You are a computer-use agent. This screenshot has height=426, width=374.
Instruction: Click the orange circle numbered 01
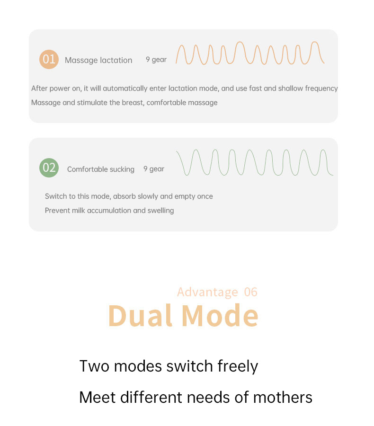49,59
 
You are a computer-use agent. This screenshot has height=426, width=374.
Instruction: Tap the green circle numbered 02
49,168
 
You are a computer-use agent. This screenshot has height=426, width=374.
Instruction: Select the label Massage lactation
98,60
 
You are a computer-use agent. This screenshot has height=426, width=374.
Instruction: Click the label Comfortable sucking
100,169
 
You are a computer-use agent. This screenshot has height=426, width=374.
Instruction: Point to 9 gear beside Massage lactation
156,60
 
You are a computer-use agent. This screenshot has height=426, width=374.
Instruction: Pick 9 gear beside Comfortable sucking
154,169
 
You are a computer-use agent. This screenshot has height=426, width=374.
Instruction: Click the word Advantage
208,293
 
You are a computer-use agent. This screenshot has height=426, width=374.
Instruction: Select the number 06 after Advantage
250,292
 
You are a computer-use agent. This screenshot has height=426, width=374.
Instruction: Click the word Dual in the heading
140,315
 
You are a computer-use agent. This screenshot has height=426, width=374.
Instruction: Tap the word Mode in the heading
220,315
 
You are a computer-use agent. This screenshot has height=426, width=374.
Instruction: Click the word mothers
283,398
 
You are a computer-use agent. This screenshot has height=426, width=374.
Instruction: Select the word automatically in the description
129,89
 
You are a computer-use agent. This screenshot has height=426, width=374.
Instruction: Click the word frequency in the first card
321,89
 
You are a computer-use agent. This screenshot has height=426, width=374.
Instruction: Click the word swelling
160,211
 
